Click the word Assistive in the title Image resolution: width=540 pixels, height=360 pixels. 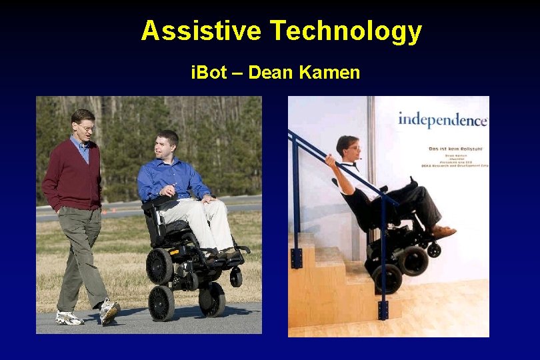(201, 31)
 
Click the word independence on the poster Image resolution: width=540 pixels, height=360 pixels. (443, 120)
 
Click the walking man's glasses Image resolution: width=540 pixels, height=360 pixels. (86, 127)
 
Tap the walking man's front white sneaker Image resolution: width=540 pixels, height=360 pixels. (109, 311)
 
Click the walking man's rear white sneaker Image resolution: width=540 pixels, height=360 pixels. (69, 318)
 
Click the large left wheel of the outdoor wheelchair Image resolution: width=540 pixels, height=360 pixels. (160, 265)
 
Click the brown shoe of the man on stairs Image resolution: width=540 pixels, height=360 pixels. (443, 231)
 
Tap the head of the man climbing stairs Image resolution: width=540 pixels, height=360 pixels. (349, 148)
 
